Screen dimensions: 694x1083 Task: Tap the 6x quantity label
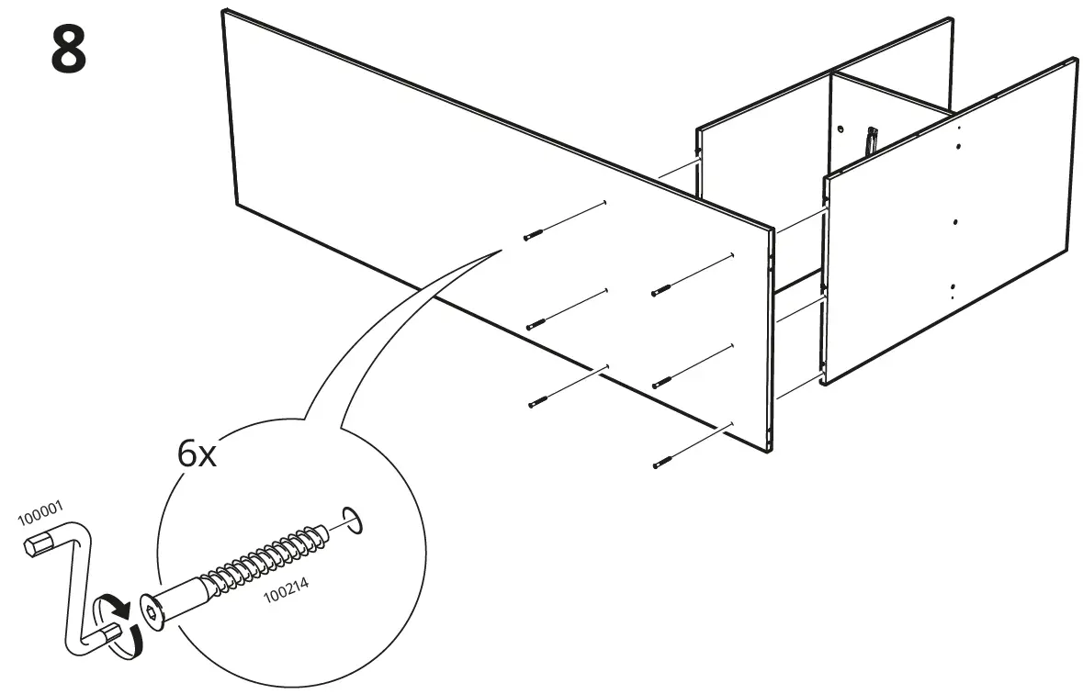click(x=197, y=453)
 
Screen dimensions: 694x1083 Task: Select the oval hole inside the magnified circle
click(x=353, y=519)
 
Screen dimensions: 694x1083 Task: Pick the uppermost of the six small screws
click(x=534, y=236)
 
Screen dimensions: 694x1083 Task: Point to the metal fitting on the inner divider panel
click(x=870, y=140)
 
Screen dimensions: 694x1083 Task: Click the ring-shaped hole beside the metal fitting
click(x=840, y=129)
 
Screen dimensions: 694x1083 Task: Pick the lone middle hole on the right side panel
click(x=956, y=221)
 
